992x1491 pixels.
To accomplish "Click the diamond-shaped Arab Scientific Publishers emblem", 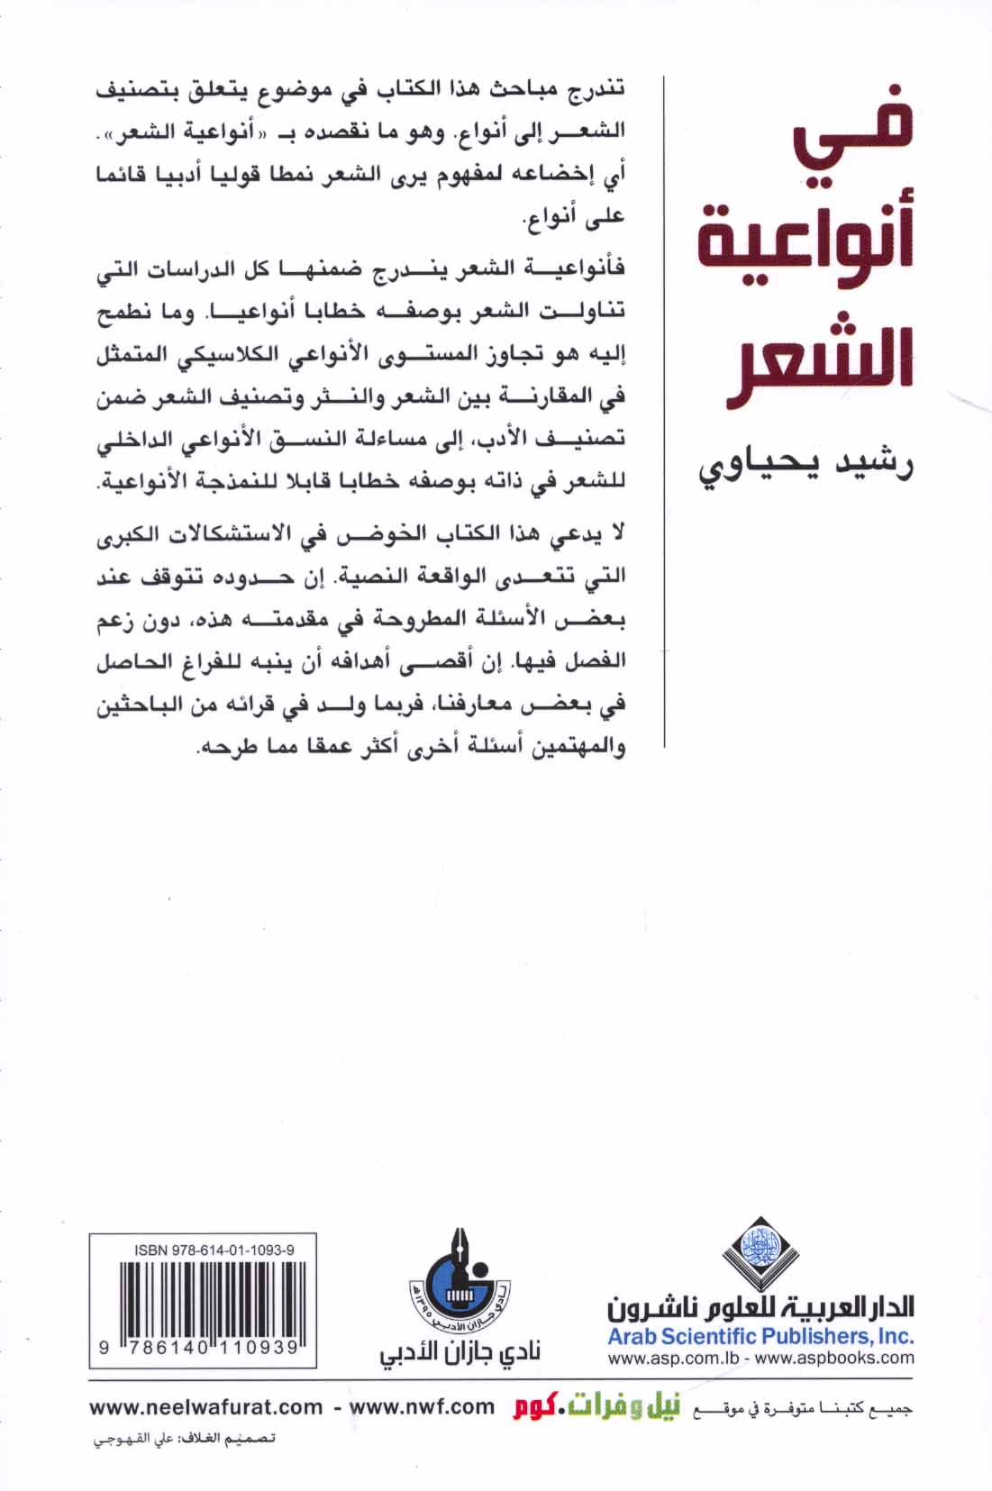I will point(760,1252).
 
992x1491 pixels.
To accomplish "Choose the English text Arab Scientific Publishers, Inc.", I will point(760,1336).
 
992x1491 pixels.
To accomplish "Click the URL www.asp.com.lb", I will point(668,1359).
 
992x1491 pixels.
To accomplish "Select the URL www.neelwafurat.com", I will point(206,1407).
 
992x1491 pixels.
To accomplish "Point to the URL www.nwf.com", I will point(422,1407).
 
